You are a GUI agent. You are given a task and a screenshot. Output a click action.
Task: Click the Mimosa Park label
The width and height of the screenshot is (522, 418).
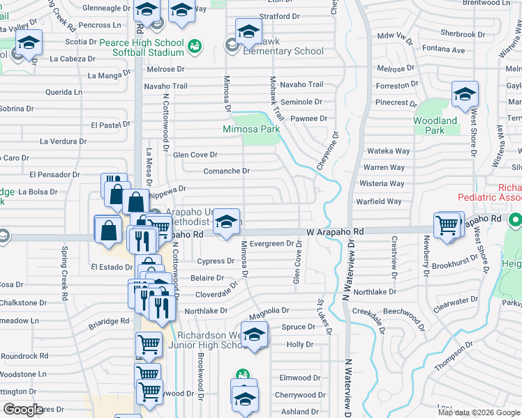pyautogui.click(x=251, y=129)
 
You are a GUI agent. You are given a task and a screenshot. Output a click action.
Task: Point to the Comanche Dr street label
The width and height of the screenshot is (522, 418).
pyautogui.click(x=226, y=171)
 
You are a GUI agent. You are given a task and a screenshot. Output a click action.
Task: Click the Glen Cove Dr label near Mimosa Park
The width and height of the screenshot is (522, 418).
pyautogui.click(x=195, y=155)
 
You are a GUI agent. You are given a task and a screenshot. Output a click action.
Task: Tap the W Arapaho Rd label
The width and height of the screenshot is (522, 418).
pyautogui.click(x=335, y=231)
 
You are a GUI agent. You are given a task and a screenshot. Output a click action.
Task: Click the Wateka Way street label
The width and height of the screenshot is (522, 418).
pyautogui.click(x=388, y=151)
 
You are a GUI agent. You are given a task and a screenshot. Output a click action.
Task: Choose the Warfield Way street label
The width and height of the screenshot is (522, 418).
pyautogui.click(x=380, y=201)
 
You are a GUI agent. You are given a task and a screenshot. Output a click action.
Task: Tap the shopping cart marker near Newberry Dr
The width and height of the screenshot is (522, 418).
pyautogui.click(x=447, y=225)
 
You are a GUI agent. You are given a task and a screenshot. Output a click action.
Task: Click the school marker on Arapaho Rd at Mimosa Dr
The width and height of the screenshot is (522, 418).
pyautogui.click(x=225, y=222)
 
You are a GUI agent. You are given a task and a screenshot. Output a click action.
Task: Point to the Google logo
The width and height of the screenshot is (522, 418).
pyautogui.click(x=23, y=410)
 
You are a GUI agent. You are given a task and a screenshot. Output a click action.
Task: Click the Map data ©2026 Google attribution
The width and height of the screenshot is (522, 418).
pyautogui.click(x=479, y=412)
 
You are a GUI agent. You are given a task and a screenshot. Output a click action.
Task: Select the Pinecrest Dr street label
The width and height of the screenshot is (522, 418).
pyautogui.click(x=396, y=102)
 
